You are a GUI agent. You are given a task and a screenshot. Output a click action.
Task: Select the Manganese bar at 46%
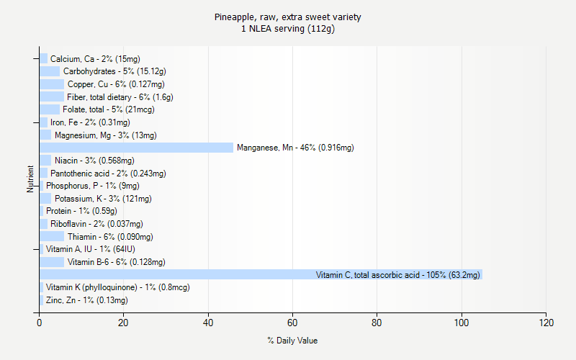[137, 148]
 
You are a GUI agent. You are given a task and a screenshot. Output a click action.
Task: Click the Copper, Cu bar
[52, 84]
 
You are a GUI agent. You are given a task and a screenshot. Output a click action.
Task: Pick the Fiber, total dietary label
[120, 97]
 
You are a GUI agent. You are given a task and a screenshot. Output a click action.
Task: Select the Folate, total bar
[50, 109]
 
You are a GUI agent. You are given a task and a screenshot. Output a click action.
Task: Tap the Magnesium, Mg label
[105, 135]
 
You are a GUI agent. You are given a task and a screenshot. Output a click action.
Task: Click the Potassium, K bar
[45, 199]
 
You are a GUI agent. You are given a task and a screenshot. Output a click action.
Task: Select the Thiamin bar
[52, 237]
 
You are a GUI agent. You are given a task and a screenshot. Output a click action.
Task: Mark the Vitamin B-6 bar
[52, 262]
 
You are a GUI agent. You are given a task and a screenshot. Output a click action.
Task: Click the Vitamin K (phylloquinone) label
[117, 287]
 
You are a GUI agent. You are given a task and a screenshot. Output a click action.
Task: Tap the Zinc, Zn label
[86, 300]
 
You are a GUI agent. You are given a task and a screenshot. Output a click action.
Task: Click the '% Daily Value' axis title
[292, 341]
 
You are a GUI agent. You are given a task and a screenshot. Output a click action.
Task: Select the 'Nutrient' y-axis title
[31, 179]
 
